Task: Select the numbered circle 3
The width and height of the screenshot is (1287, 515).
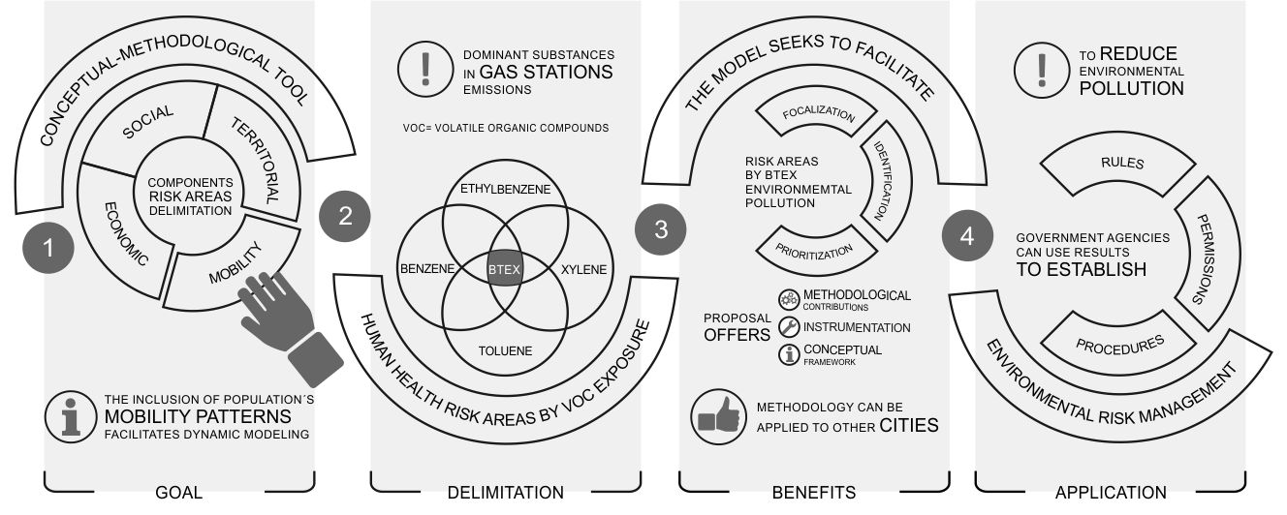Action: [x=661, y=229]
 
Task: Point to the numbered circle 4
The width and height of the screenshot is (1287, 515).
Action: [x=967, y=236]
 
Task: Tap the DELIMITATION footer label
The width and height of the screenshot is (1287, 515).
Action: [x=505, y=493]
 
